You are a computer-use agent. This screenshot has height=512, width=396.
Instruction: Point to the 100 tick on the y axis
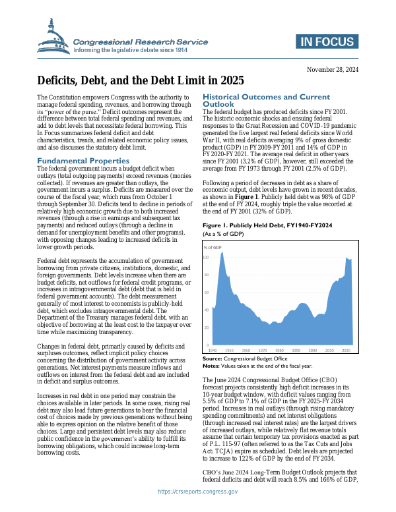pos(206,258)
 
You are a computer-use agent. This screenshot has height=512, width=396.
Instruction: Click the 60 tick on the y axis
pos(206,293)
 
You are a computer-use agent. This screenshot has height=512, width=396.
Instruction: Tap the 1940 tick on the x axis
pos(213,351)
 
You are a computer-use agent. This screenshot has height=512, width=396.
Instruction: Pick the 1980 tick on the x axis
pos(280,351)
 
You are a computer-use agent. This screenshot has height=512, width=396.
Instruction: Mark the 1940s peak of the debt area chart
pos(222,253)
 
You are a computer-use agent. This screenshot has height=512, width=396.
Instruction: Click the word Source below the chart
pos(212,358)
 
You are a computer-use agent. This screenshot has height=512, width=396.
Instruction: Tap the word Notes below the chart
pos(211,365)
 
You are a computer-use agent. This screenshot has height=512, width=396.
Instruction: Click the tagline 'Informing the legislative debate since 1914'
pos(140,50)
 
